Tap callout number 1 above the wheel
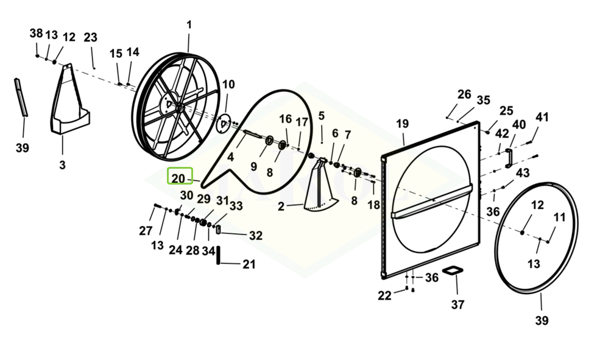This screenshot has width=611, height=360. pyautogui.click(x=189, y=25)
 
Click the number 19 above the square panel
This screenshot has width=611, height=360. pyautogui.click(x=402, y=124)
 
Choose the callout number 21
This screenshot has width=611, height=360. pyautogui.click(x=249, y=264)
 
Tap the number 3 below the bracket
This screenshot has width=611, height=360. pyautogui.click(x=62, y=164)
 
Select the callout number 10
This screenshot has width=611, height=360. pyautogui.click(x=228, y=84)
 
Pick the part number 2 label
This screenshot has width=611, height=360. pyautogui.click(x=281, y=206)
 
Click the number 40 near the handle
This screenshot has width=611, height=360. pyautogui.click(x=518, y=125)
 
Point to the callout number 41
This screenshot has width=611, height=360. pyautogui.click(x=542, y=117)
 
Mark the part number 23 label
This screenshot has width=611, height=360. pyautogui.click(x=90, y=37)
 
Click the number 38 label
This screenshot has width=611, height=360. pyautogui.click(x=37, y=34)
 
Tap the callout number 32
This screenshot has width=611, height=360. pyautogui.click(x=256, y=235)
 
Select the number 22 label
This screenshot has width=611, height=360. pyautogui.click(x=384, y=295)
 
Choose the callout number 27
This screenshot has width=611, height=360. pyautogui.click(x=146, y=231)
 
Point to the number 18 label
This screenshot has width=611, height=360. pyautogui.click(x=373, y=205)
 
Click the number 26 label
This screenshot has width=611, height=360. pyautogui.click(x=464, y=94)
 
